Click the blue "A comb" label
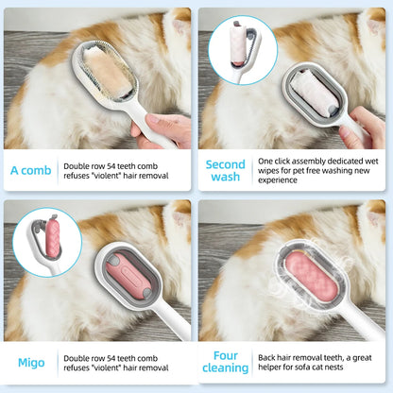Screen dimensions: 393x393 (x=31, y=171)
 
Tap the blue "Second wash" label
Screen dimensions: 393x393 (x=225, y=171)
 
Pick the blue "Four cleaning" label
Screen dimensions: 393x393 (x=225, y=363)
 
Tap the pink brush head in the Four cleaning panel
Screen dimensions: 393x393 (x=302, y=287)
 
